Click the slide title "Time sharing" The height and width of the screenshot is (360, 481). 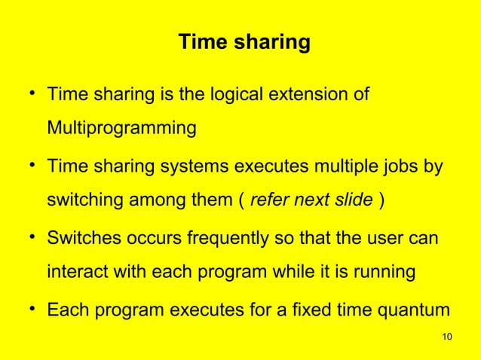pos(243,43)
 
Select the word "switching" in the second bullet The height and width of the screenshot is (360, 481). pos(84,201)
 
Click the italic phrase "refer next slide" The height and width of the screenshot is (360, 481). pos(311,201)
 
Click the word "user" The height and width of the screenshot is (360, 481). pos(383,239)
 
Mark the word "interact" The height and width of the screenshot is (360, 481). pos(76,272)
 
